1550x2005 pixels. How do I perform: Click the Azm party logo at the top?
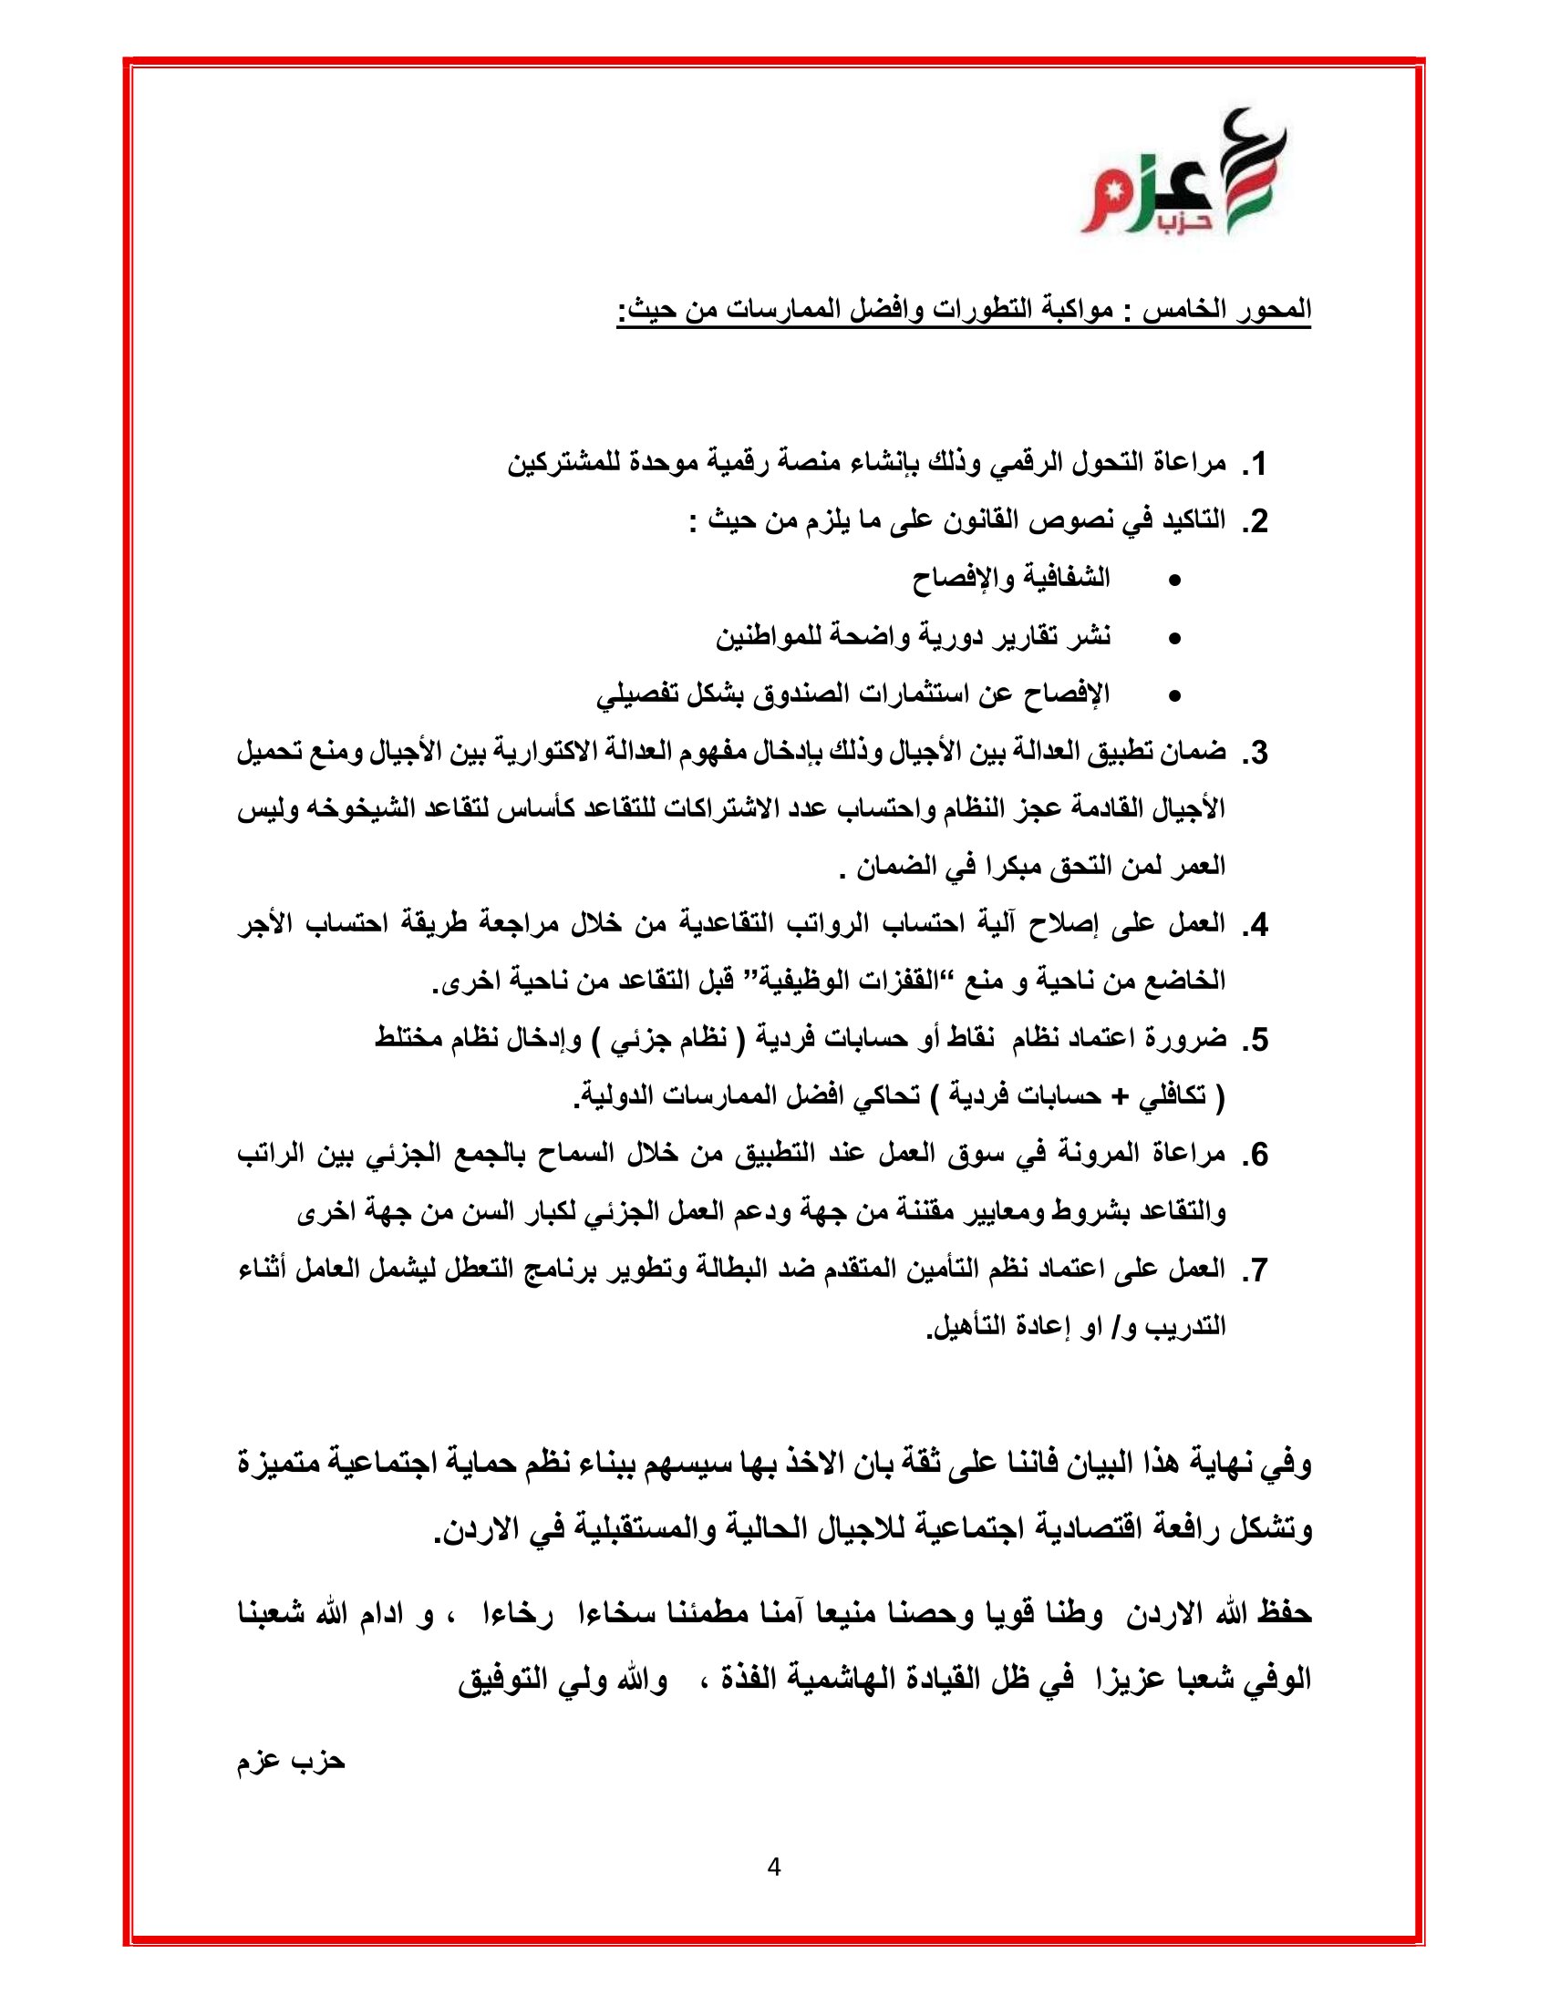point(1182,172)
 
